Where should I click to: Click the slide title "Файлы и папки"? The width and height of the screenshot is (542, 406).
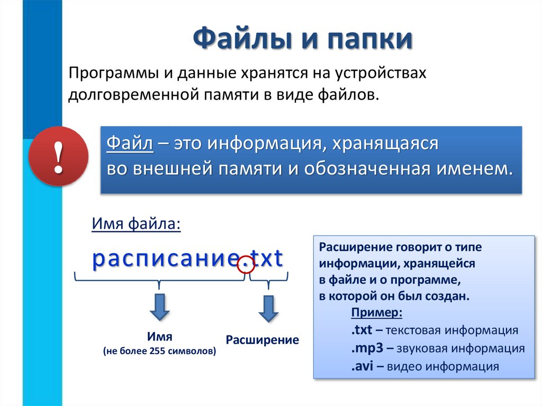pos(302,40)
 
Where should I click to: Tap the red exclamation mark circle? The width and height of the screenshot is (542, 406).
pos(58,156)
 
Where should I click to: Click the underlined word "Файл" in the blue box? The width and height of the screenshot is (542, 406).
pos(130,143)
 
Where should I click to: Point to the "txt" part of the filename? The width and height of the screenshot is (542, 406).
pos(267,259)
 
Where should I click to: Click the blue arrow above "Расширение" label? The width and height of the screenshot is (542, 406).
pos(268,309)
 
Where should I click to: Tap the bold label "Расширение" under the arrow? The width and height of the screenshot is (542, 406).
pos(262,340)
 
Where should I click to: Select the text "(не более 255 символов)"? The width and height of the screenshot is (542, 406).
pos(159,350)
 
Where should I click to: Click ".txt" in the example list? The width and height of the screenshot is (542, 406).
pos(362,331)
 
